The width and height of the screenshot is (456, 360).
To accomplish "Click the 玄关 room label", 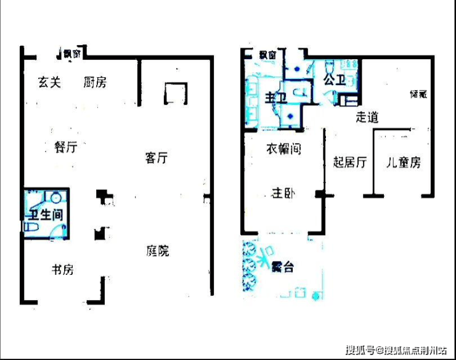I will pyautogui.click(x=49, y=82).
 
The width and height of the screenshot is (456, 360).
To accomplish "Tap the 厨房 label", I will pyautogui.click(x=95, y=82).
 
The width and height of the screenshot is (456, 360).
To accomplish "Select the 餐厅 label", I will pyautogui.click(x=66, y=147).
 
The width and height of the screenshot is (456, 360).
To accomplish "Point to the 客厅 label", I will pyautogui.click(x=157, y=158).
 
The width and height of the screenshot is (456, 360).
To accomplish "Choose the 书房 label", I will pyautogui.click(x=62, y=269).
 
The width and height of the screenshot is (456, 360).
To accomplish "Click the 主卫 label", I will pyautogui.click(x=274, y=98).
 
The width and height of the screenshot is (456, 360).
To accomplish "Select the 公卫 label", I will pyautogui.click(x=333, y=80).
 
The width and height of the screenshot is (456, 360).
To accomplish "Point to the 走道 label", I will pyautogui.click(x=367, y=117).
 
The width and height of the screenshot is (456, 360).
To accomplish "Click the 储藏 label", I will pyautogui.click(x=418, y=94).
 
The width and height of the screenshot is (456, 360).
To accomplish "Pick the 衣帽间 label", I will pyautogui.click(x=283, y=149).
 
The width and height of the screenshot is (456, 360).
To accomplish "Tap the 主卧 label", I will pyautogui.click(x=283, y=194).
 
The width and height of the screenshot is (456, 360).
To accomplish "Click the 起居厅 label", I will pyautogui.click(x=349, y=163).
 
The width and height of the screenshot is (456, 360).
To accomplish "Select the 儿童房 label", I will pyautogui.click(x=403, y=163).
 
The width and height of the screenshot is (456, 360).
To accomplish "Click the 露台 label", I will pyautogui.click(x=282, y=267).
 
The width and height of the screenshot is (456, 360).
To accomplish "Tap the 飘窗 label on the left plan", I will pyautogui.click(x=71, y=54).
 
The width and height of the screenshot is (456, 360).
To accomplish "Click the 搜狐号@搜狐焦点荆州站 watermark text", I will pyautogui.click(x=396, y=351).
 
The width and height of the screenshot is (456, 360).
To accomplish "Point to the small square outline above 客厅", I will pyautogui.click(x=175, y=94).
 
